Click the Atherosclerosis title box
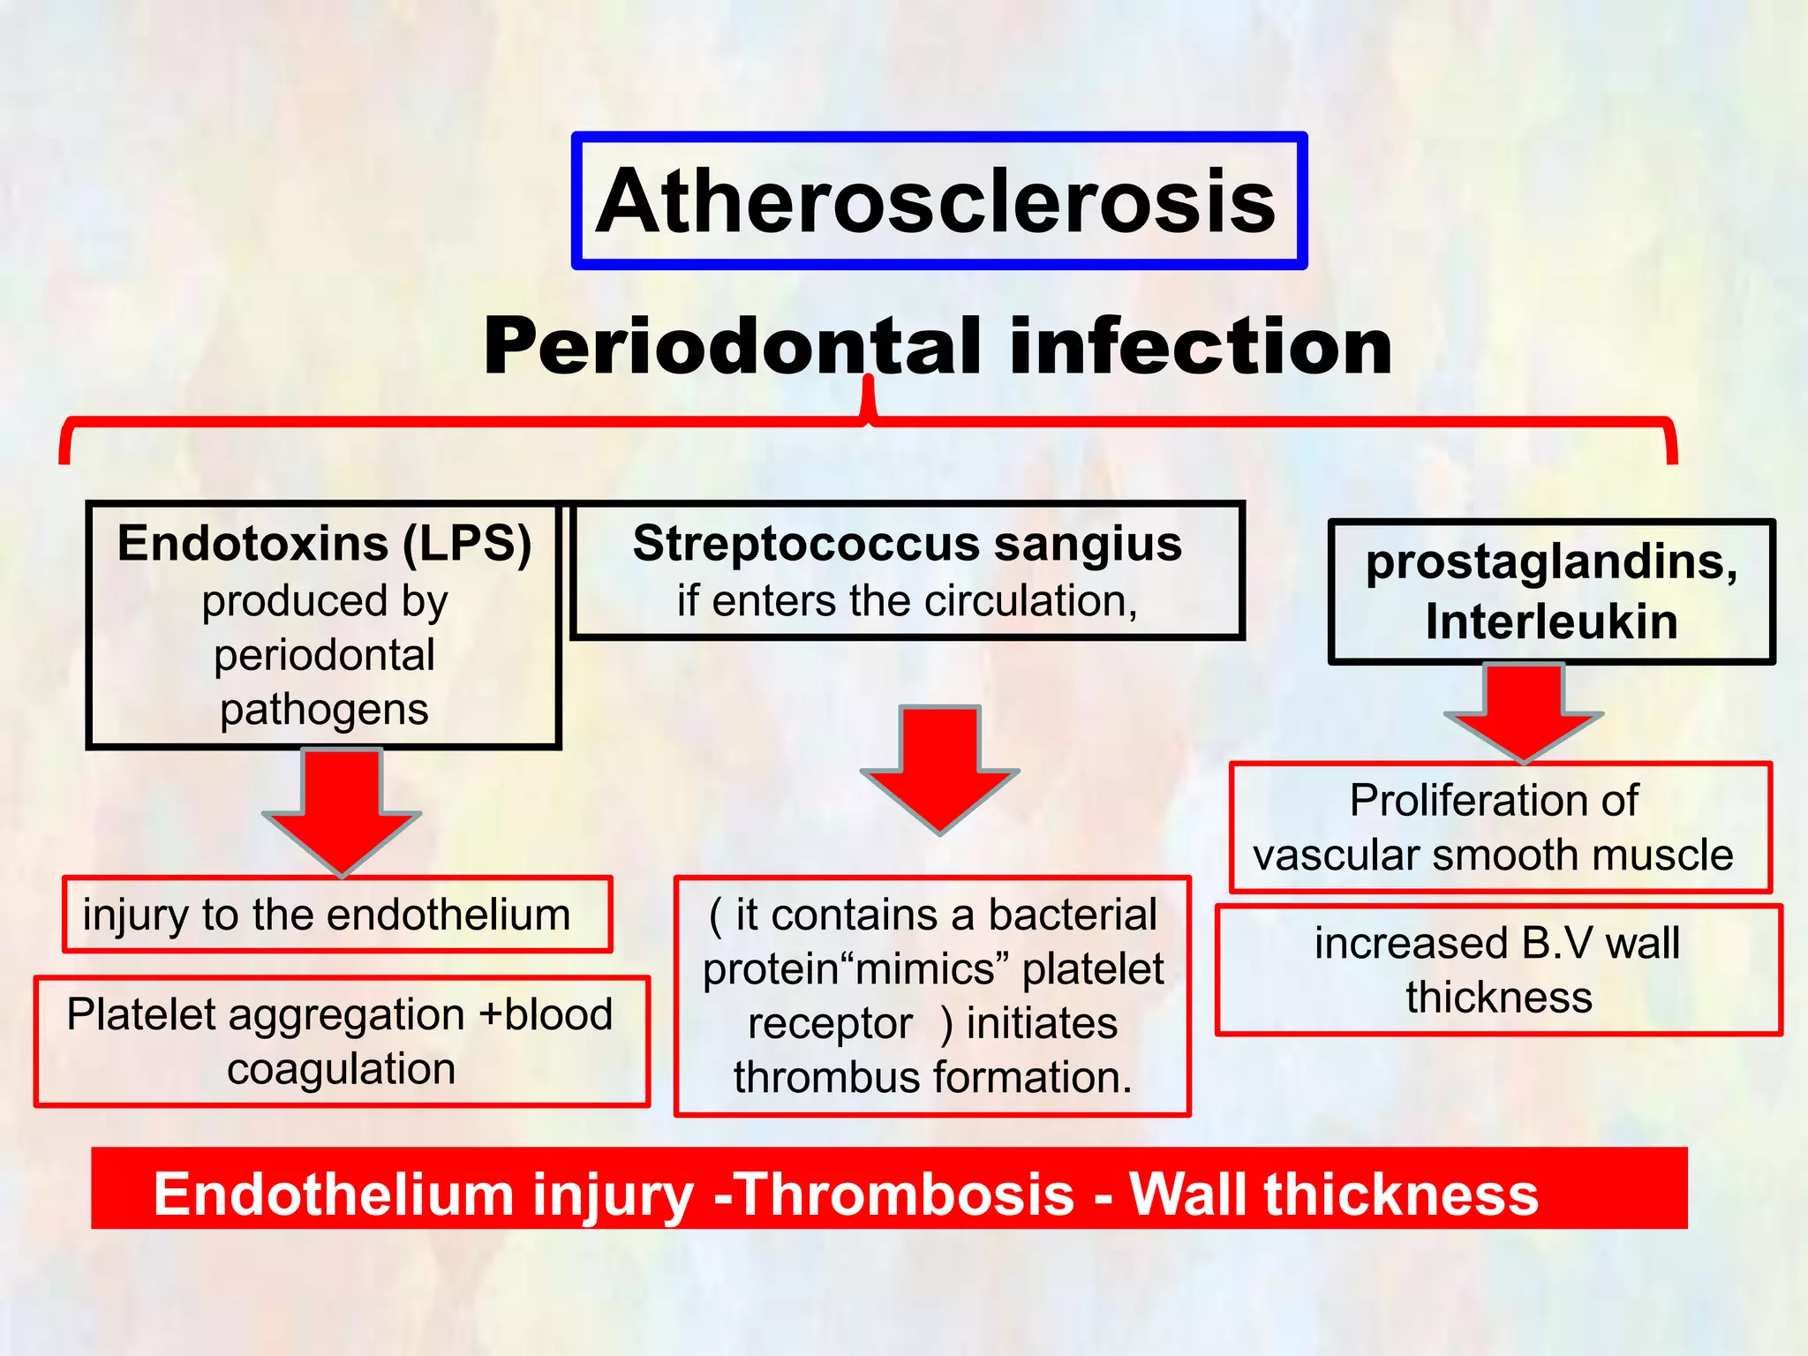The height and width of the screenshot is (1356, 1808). tap(938, 201)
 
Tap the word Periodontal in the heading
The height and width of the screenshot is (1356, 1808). tap(733, 347)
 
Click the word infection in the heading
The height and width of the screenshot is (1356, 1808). tap(1201, 347)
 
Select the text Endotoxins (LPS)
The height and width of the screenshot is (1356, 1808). tap(324, 543)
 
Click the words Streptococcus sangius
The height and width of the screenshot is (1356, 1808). tap(907, 543)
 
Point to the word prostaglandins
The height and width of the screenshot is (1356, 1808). tap(1551, 561)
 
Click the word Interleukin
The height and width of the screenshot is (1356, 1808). tap(1551, 621)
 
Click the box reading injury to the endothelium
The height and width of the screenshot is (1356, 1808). tap(337, 915)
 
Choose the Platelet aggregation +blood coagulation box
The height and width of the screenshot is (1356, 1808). tap(342, 1042)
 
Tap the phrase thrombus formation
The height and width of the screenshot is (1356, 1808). tap(932, 1078)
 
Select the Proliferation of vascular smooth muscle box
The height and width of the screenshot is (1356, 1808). tap(1499, 828)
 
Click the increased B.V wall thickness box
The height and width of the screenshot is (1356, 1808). tap(1498, 970)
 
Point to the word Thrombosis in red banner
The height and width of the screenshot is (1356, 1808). tap(904, 1194)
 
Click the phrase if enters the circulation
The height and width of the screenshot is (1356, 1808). tap(907, 601)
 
